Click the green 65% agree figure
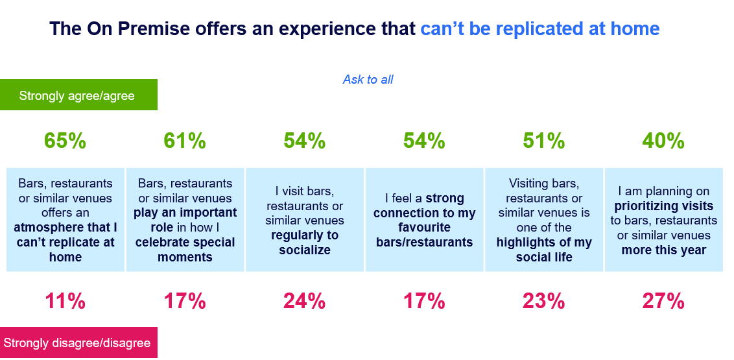65,141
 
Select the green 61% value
185,141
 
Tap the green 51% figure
544,141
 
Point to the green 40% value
663,141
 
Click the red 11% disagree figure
65,301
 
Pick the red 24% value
304,301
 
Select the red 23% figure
544,301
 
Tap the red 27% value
663,301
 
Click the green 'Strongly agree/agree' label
77,96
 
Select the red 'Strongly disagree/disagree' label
77,343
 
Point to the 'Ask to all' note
368,80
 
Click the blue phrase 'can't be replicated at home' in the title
539,29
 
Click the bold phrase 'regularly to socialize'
305,243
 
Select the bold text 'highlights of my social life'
544,249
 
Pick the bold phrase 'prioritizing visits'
663,206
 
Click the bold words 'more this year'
663,250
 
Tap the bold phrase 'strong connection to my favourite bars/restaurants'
425,221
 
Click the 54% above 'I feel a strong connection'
424,141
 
